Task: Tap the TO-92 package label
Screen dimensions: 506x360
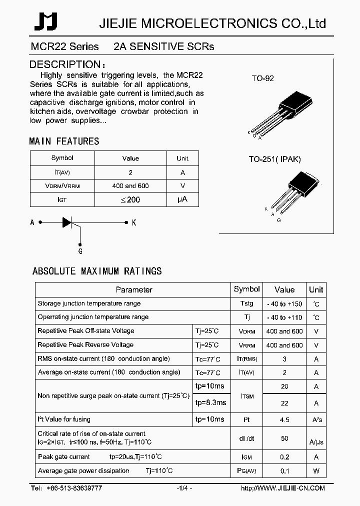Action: point(262,78)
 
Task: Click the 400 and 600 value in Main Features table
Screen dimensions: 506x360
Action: point(130,186)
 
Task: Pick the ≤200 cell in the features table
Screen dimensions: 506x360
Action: point(130,199)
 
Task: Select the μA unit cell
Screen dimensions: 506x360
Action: point(182,199)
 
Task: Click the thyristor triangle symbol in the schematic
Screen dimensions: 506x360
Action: point(68,222)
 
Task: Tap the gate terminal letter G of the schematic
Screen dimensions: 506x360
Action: point(80,251)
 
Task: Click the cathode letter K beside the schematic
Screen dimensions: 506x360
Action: point(133,223)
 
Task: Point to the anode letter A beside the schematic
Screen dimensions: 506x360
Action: point(32,223)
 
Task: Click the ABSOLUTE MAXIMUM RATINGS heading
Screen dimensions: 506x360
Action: point(97,271)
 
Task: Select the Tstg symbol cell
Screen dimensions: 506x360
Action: point(246,303)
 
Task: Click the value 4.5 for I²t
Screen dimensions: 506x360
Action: point(284,420)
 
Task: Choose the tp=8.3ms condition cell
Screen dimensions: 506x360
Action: point(210,402)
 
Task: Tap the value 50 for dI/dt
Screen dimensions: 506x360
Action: point(284,438)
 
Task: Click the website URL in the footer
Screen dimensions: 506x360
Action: point(282,488)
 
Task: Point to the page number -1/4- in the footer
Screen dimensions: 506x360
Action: point(184,488)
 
